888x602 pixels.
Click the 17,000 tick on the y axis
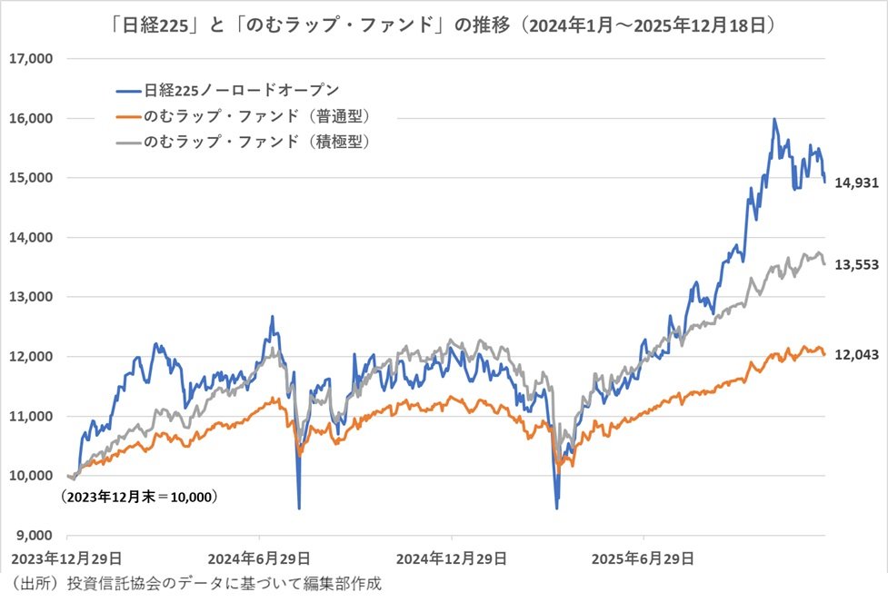point(31,59)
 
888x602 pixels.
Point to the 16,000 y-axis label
point(31,118)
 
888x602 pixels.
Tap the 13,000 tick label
point(31,297)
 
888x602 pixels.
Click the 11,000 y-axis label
point(31,416)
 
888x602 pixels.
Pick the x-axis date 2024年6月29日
point(259,557)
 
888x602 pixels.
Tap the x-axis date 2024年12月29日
point(451,557)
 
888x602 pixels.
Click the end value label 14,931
point(856,183)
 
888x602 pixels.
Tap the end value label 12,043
point(856,355)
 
